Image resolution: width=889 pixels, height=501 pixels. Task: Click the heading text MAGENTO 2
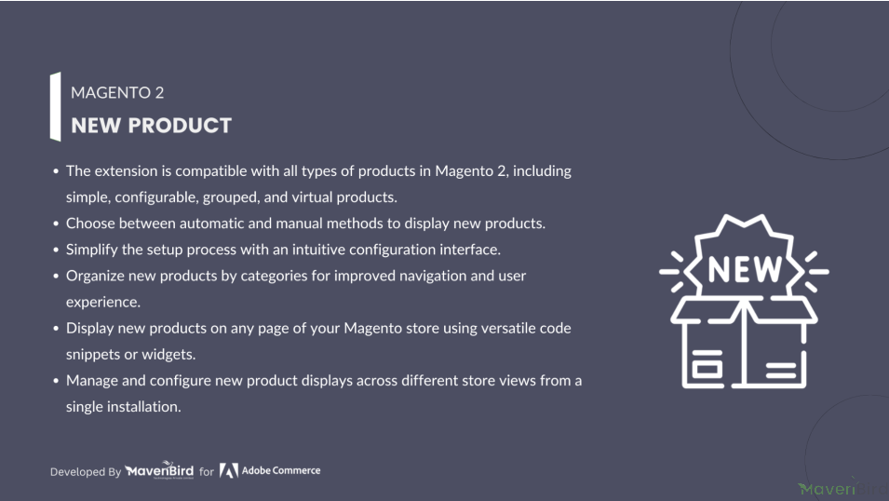click(117, 92)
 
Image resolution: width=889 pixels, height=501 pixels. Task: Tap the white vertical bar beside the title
click(55, 107)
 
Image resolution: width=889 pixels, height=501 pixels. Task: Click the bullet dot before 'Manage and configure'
click(56, 381)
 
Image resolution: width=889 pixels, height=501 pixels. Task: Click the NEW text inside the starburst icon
click(745, 269)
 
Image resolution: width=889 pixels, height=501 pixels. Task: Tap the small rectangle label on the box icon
click(706, 368)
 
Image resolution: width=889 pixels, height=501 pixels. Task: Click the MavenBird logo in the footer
click(159, 470)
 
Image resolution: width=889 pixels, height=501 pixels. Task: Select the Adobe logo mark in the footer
click(228, 471)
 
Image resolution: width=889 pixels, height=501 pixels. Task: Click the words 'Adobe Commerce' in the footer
click(280, 470)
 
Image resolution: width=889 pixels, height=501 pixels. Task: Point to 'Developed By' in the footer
click(86, 471)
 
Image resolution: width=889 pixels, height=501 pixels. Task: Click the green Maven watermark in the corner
click(827, 489)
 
